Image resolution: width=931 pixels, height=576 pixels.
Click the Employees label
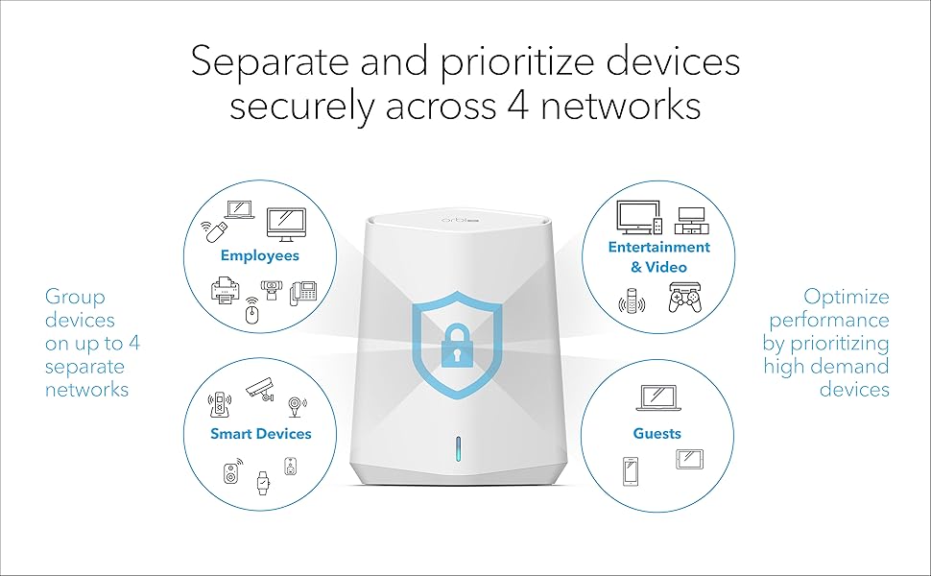[x=259, y=255]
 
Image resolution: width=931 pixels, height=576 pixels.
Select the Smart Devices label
[x=261, y=434]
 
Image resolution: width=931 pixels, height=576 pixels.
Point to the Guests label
[x=656, y=434]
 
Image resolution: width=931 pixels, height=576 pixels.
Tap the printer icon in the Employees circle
[x=225, y=291]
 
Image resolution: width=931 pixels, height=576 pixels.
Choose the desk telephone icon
[x=305, y=291]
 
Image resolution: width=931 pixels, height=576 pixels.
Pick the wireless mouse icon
[x=251, y=312]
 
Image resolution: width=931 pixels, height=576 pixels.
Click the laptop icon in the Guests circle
[x=656, y=397]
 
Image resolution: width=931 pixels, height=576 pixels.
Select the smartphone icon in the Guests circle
[x=630, y=469]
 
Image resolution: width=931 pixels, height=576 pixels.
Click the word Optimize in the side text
[x=846, y=297]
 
